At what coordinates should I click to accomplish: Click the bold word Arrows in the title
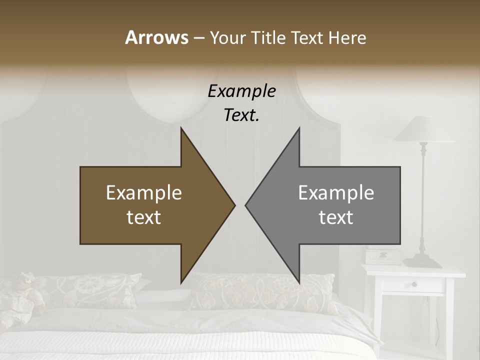point(156,37)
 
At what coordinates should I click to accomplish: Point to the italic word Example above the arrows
point(241,91)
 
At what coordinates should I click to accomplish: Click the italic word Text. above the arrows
point(241,115)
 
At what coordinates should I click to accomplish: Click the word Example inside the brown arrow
point(144,193)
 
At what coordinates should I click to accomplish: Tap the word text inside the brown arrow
point(144,217)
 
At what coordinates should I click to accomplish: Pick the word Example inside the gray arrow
point(336,193)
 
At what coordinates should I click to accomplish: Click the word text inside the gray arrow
point(336,217)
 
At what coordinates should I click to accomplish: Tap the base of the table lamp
point(422,261)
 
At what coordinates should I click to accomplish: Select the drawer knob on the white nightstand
point(414,284)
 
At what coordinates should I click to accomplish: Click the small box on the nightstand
point(382,257)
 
